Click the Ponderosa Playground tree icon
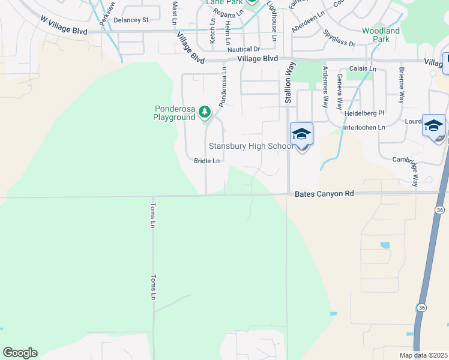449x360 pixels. pyautogui.click(x=205, y=112)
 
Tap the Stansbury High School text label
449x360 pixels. pyautogui.click(x=251, y=146)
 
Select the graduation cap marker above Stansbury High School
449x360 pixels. pyautogui.click(x=301, y=134)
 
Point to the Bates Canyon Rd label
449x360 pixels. pyautogui.click(x=325, y=194)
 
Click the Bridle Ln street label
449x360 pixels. pyautogui.click(x=206, y=161)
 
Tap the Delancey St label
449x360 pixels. pyautogui.click(x=131, y=20)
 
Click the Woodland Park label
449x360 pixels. pyautogui.click(x=381, y=35)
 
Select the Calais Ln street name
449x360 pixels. pyautogui.click(x=362, y=69)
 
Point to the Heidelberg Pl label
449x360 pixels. pyautogui.click(x=364, y=113)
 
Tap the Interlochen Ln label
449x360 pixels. pyautogui.click(x=364, y=127)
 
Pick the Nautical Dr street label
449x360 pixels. pyautogui.click(x=244, y=49)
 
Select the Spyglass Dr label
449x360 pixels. pyautogui.click(x=339, y=39)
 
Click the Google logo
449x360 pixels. pyautogui.click(x=20, y=352)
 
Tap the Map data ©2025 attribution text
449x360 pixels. pyautogui.click(x=423, y=355)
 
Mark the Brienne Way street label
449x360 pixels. pyautogui.click(x=401, y=85)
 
